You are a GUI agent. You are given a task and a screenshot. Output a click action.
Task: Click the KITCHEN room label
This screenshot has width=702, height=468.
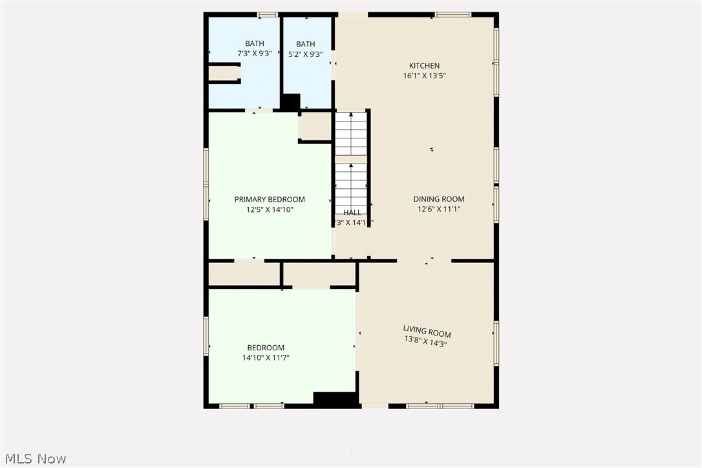(x=424, y=65)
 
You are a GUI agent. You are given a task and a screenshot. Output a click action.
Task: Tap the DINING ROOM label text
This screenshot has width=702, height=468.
(x=439, y=199)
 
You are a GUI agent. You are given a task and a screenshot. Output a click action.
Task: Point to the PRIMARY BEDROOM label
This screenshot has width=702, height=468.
(x=270, y=200)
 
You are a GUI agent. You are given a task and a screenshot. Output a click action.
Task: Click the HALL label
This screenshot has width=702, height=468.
(x=352, y=213)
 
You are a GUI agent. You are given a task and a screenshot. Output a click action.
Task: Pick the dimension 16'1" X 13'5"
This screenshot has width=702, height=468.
(x=424, y=76)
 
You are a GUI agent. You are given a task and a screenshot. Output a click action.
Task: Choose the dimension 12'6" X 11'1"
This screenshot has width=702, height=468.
(x=439, y=209)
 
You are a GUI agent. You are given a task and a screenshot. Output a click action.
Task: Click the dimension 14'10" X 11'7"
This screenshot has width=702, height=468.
(x=265, y=357)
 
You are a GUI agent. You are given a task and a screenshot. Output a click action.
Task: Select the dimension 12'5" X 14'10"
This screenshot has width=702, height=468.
(x=270, y=209)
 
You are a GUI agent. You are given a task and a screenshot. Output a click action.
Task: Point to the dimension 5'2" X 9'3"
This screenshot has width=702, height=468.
(x=306, y=54)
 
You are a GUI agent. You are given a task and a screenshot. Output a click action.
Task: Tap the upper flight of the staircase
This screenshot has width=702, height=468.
(x=351, y=134)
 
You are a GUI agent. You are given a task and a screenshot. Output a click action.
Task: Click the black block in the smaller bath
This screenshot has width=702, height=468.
(x=291, y=101)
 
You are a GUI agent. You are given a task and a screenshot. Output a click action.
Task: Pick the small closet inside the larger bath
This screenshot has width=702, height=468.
(x=224, y=72)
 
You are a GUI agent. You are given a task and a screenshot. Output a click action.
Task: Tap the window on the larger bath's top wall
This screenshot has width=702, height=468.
(x=267, y=14)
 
